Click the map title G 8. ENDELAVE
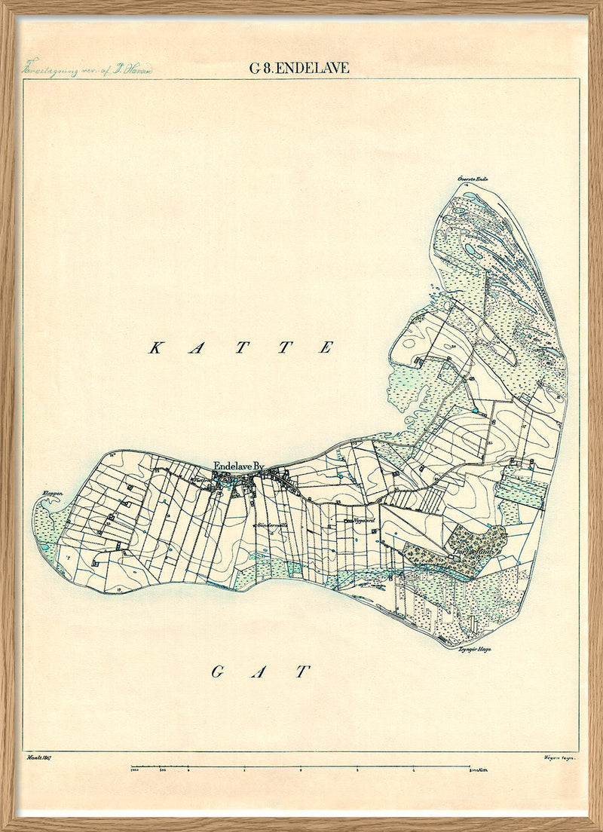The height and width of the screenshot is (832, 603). click(x=299, y=68)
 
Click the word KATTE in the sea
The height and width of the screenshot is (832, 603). click(x=241, y=347)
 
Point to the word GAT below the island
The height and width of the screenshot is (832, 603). click(x=258, y=671)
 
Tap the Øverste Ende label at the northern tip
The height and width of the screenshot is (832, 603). click(x=473, y=179)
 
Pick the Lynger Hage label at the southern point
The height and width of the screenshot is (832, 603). click(x=473, y=648)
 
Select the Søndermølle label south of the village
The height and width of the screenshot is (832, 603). click(x=273, y=525)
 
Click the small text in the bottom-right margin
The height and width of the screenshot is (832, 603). click(x=558, y=757)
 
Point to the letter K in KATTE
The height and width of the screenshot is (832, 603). click(x=156, y=347)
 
